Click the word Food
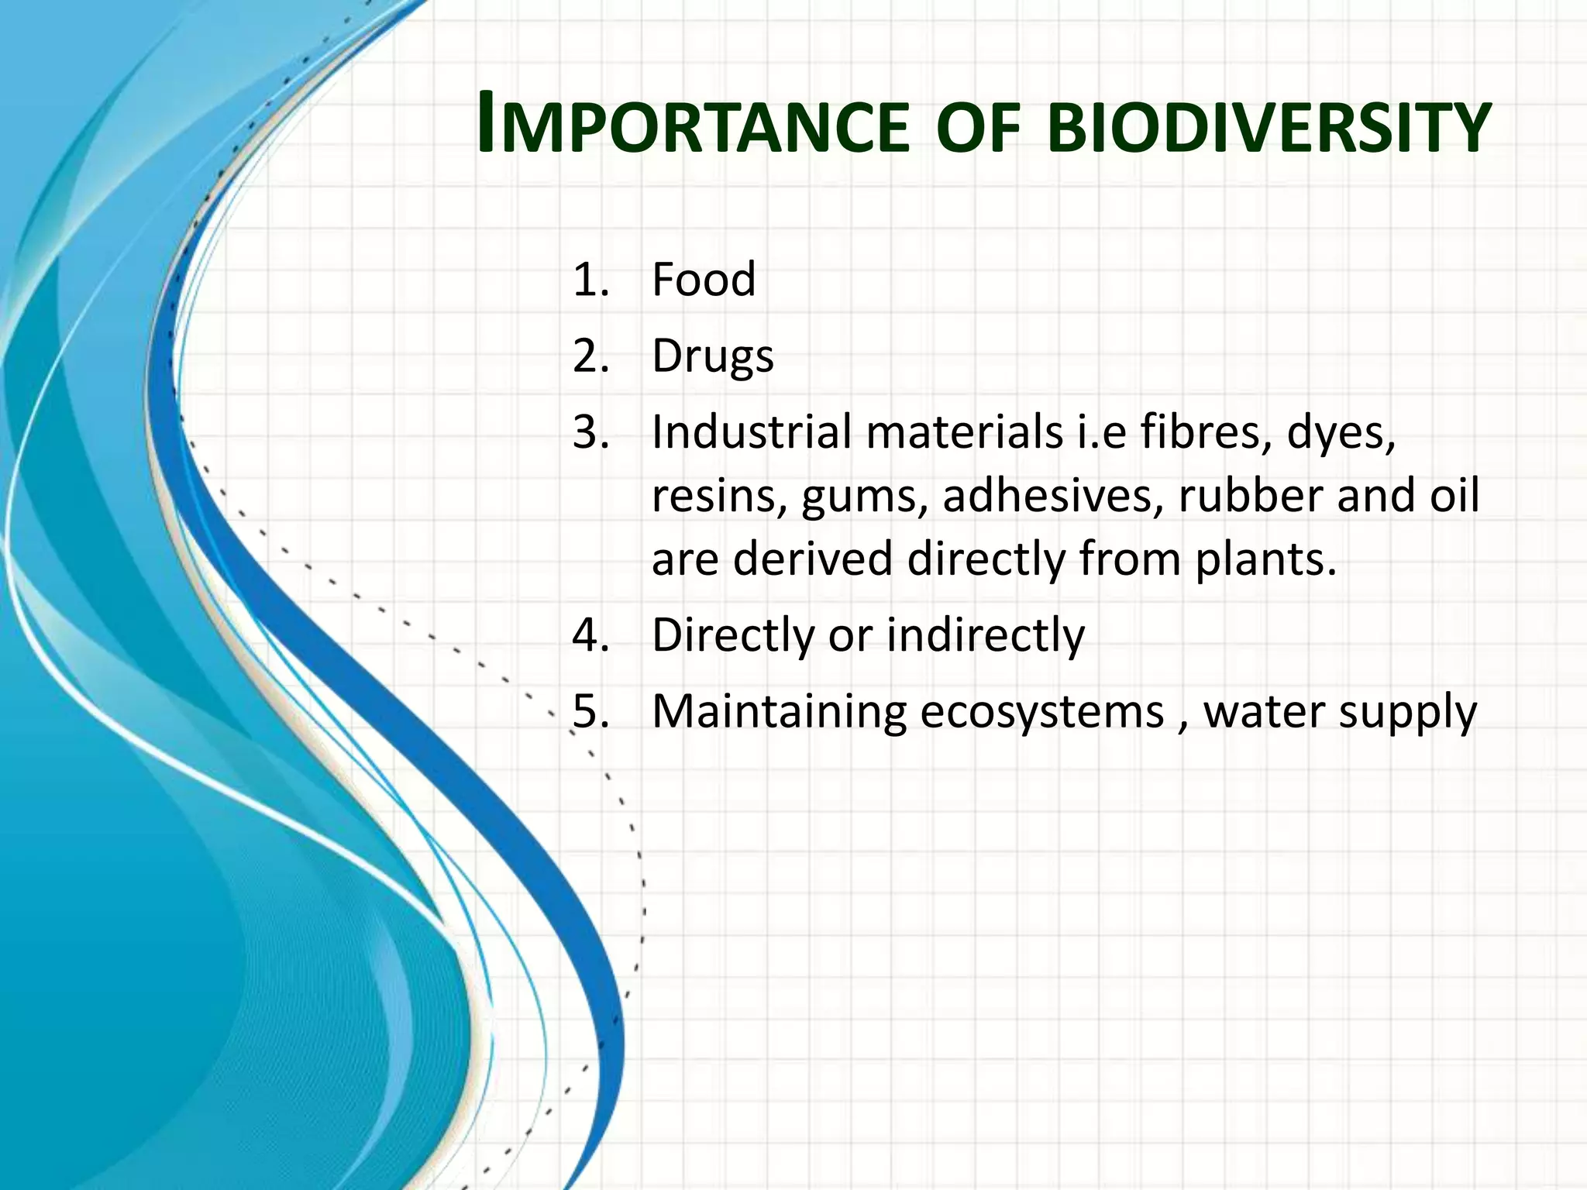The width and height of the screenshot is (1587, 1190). click(703, 280)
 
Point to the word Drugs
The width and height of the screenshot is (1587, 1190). click(712, 357)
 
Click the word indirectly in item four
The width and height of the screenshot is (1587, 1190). click(985, 635)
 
